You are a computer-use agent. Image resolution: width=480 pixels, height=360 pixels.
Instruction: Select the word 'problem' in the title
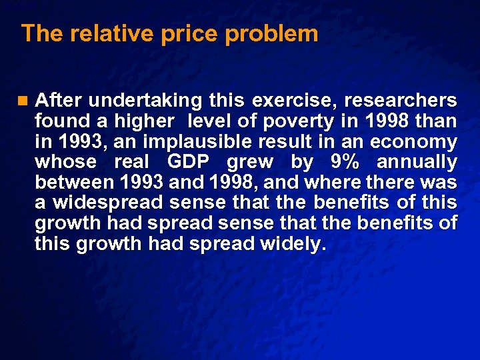[271, 33]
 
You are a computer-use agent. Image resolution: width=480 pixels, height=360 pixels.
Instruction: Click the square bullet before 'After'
[25, 101]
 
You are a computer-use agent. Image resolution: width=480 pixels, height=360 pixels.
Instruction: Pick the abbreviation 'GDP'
[189, 162]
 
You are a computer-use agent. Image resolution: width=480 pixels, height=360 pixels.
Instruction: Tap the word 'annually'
[417, 162]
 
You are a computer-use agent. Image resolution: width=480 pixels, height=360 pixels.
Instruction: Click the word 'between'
[75, 182]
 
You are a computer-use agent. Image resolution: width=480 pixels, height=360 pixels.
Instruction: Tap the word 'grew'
[249, 162]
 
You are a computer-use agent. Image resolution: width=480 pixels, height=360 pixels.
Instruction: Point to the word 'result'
[303, 141]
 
